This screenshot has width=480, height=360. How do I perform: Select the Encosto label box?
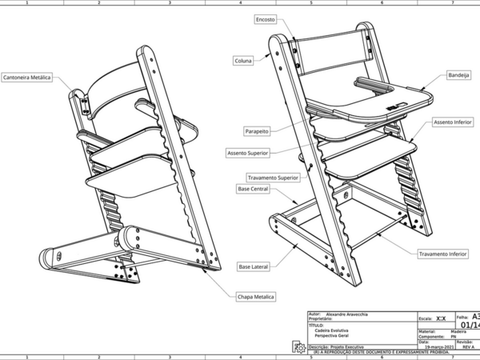266,18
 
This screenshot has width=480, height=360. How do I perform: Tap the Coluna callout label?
243,60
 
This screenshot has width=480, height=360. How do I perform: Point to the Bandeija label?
459,74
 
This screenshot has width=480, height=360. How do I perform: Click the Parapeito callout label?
257,130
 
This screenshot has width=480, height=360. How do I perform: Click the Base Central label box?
253,189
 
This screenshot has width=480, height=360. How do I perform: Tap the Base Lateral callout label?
254,266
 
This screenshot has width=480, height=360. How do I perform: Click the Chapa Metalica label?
256,296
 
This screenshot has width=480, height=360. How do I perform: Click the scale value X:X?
442,318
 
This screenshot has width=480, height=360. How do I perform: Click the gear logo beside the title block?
298,346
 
